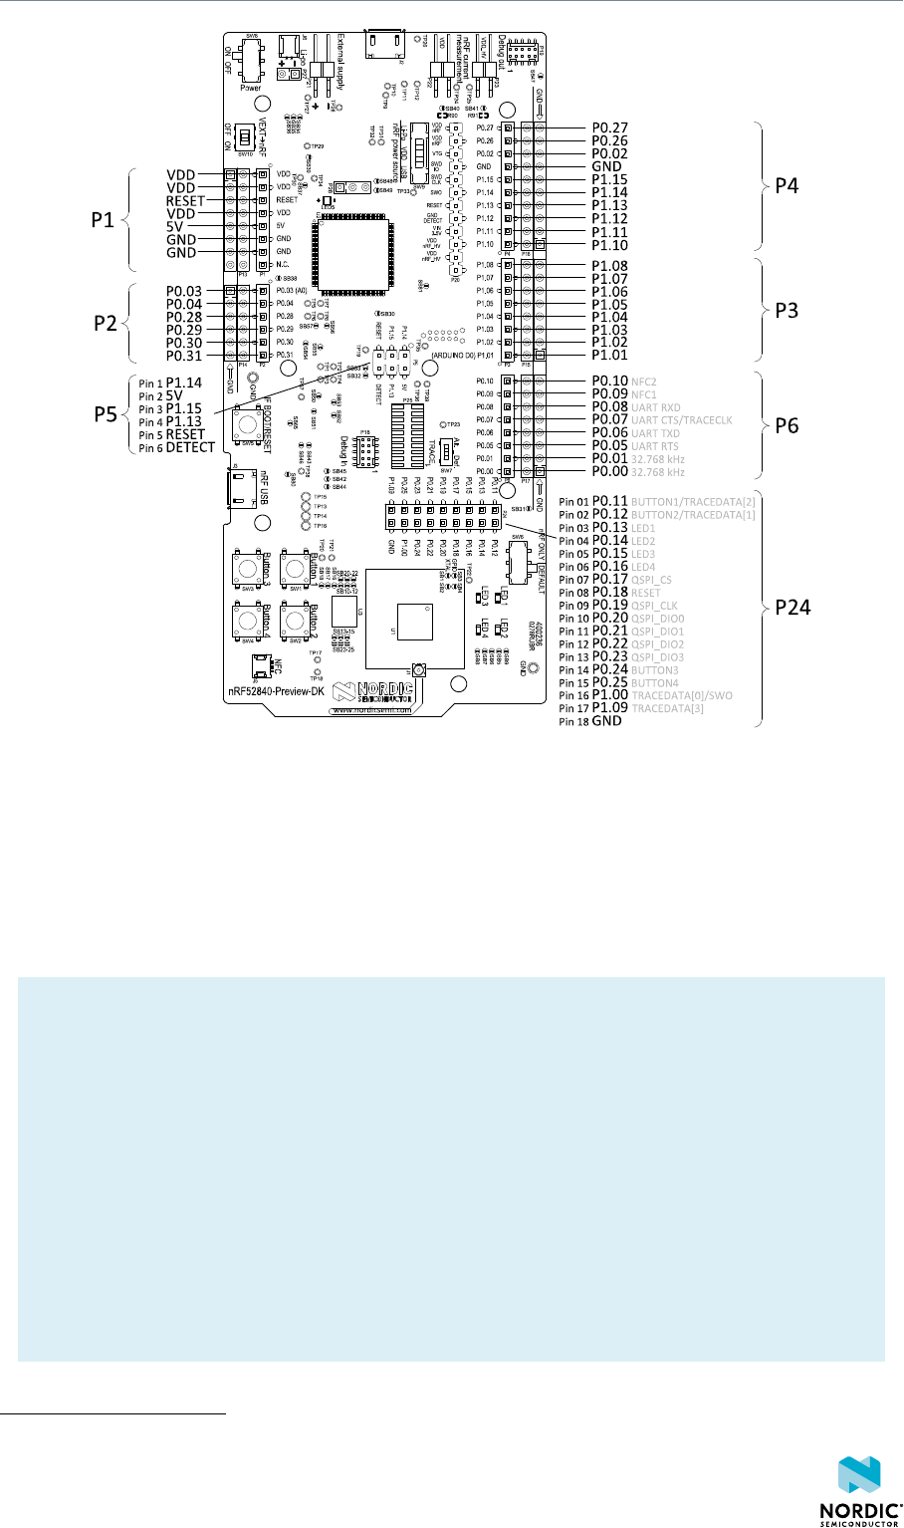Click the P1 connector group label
click(104, 220)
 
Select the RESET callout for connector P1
click(186, 200)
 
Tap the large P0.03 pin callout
click(185, 291)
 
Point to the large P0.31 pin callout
click(185, 356)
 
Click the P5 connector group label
click(104, 415)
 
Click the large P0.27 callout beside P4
click(610, 127)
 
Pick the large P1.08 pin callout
click(610, 266)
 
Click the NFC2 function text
click(645, 382)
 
